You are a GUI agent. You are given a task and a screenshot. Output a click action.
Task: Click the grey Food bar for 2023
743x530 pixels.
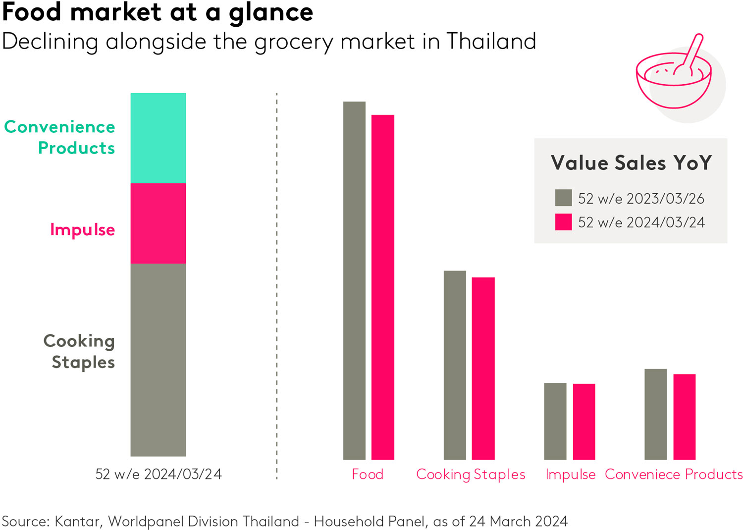354,280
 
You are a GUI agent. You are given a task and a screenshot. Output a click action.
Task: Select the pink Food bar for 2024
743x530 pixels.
383,287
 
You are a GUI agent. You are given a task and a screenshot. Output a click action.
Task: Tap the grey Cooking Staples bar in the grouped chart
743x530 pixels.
455,365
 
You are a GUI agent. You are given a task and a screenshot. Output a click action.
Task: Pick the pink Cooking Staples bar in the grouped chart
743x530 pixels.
483,369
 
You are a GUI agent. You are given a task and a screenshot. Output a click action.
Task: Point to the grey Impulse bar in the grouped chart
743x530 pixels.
555,421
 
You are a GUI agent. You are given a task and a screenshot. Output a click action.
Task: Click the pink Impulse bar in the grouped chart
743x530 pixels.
584,422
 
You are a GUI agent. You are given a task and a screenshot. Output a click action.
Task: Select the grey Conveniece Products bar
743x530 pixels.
655,414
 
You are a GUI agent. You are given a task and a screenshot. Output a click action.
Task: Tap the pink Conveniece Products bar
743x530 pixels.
685,417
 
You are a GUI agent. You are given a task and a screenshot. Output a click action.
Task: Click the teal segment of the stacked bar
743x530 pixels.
158,138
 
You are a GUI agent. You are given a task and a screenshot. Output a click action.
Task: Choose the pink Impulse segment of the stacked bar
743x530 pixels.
158,223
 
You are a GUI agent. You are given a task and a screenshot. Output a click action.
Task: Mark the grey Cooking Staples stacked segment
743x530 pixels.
158,360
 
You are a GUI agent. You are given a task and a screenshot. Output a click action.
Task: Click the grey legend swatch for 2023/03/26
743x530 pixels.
563,198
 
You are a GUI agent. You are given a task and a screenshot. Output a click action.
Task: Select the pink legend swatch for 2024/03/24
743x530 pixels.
563,222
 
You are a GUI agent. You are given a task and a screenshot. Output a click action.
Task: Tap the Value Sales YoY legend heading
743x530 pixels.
631,163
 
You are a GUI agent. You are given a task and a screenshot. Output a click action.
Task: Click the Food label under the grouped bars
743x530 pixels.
368,474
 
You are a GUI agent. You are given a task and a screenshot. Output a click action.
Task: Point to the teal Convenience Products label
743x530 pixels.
60,137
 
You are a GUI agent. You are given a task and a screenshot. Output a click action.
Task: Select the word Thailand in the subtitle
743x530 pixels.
491,41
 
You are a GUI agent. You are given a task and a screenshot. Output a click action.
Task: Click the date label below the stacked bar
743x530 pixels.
159,474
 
